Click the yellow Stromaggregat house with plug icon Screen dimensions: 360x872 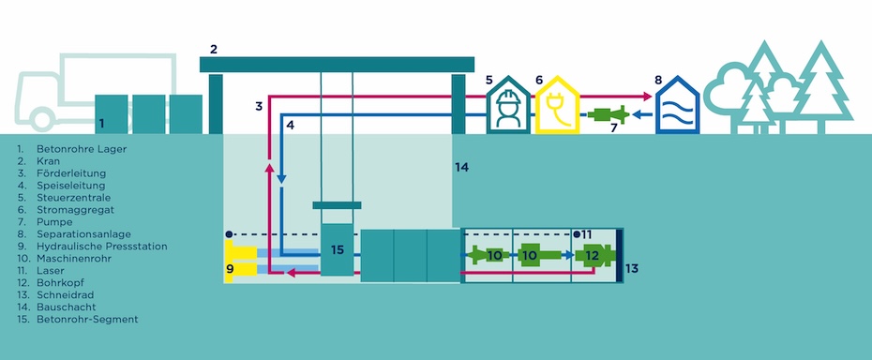pos(552,109)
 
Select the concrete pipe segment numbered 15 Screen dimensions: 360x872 pos(338,249)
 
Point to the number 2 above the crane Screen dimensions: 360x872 pos(214,49)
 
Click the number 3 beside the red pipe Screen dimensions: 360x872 pos(259,106)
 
